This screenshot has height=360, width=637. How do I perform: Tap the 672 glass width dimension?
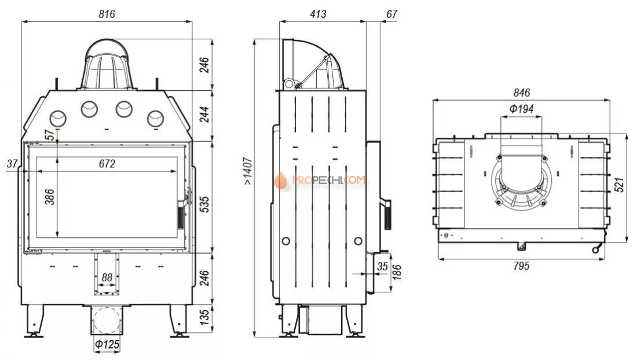pyautogui.click(x=107, y=164)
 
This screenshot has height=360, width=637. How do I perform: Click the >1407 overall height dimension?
pyautogui.click(x=248, y=171)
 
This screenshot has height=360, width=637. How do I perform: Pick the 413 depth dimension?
pyautogui.click(x=318, y=14)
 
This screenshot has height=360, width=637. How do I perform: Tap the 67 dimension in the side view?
pyautogui.click(x=391, y=14)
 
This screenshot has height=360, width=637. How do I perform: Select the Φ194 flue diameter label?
pyautogui.click(x=521, y=109)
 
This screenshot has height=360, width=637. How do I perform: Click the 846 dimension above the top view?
pyautogui.click(x=522, y=93)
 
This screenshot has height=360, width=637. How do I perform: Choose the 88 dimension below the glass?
pyautogui.click(x=107, y=278)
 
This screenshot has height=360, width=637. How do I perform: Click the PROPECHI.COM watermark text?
pyautogui.click(x=328, y=181)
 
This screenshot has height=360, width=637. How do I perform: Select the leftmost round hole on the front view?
pyautogui.click(x=58, y=119)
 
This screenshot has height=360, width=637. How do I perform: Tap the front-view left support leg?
pyautogui.click(x=34, y=321)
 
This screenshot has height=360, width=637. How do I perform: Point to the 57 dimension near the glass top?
pyautogui.click(x=50, y=134)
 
